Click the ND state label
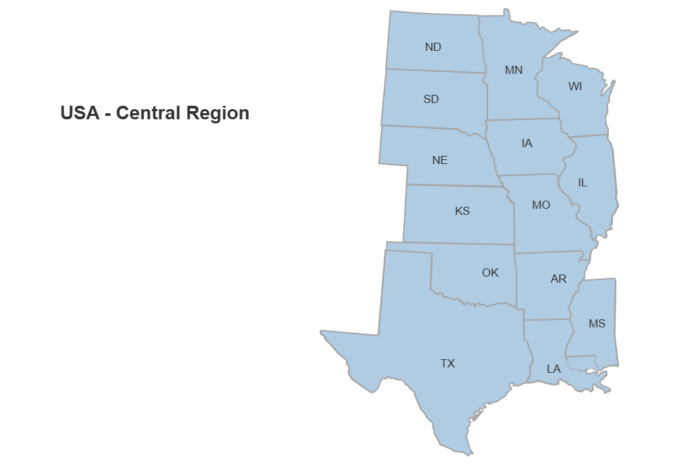coord(433,47)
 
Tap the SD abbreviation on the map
coord(431,99)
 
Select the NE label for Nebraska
coord(439,161)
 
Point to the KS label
coord(462,211)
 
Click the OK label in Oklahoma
coord(490,272)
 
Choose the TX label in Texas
coord(447,363)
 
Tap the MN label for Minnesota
coord(513,70)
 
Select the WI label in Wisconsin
coord(575,86)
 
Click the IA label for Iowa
coord(527,143)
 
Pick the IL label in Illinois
coord(582,182)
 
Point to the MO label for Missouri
coord(540,204)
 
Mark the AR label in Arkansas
coord(558,279)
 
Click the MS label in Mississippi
coord(597,323)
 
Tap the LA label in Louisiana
coord(554,369)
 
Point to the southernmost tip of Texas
coord(468,451)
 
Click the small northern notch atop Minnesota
coord(506,13)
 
